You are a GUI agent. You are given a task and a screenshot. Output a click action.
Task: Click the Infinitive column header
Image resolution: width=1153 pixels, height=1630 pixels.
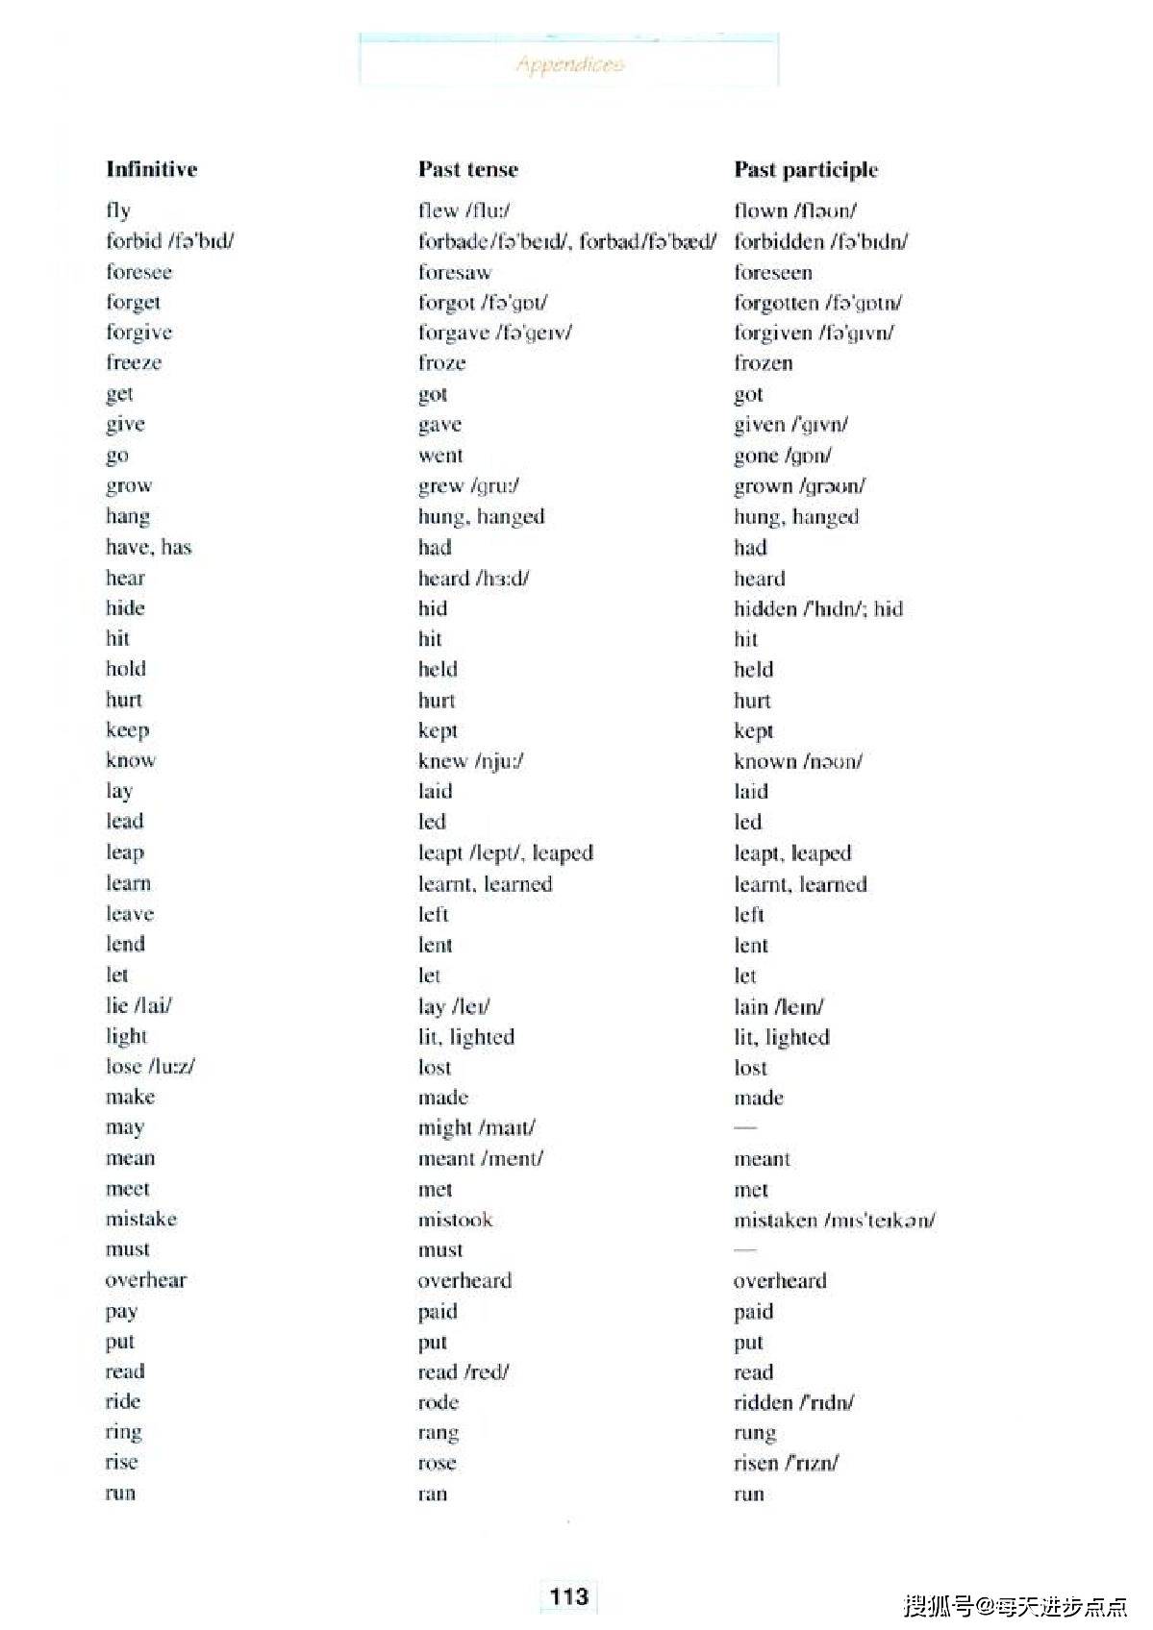[x=151, y=169]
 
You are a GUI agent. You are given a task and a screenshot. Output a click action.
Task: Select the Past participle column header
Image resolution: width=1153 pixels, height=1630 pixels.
[x=806, y=169]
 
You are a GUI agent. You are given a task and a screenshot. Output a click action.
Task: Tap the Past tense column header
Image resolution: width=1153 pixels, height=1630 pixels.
[x=467, y=169]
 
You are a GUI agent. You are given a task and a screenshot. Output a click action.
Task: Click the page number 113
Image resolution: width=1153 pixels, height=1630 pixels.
[x=568, y=1596]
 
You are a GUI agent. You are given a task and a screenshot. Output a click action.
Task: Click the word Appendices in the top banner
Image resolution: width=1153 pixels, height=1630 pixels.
[x=569, y=64]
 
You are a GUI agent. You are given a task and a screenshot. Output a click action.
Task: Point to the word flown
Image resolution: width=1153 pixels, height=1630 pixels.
[x=760, y=210]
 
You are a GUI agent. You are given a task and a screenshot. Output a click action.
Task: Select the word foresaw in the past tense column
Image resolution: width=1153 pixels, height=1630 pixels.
[x=454, y=272]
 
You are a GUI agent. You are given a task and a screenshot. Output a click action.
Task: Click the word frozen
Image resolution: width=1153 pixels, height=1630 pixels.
[x=763, y=362]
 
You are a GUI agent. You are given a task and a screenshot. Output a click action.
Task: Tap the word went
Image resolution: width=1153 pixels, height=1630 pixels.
[x=440, y=455]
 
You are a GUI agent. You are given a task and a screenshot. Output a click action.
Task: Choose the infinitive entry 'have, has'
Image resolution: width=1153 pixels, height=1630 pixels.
[x=148, y=547]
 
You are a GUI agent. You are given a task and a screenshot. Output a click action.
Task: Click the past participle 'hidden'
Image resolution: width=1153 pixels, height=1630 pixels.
[x=764, y=608]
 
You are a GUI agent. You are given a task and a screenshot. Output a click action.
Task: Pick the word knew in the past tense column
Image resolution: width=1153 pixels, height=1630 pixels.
[x=442, y=760]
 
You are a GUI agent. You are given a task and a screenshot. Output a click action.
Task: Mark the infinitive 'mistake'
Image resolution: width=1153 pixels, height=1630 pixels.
[x=141, y=1219]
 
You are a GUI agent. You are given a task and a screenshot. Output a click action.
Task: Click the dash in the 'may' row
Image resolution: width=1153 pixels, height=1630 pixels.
[x=745, y=1126]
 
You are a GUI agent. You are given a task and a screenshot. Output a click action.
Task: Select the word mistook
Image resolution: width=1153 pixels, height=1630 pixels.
[x=455, y=1220]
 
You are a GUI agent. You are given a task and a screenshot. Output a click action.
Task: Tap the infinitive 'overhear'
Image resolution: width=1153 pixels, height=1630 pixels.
[x=146, y=1279]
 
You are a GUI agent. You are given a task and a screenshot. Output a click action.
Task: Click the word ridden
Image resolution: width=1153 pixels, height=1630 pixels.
[x=763, y=1402]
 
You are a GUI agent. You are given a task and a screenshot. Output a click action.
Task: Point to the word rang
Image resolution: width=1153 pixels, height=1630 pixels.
[x=438, y=1433]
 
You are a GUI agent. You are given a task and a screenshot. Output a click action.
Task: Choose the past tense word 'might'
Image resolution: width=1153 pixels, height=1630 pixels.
[x=444, y=1127]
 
